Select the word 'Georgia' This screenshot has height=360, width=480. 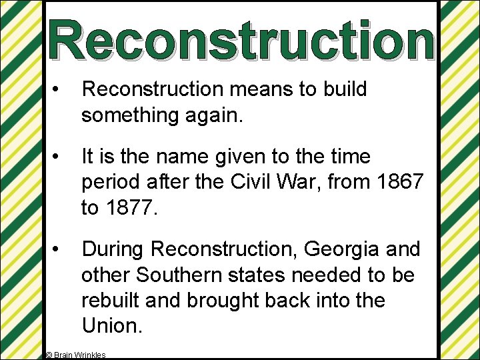click(333, 249)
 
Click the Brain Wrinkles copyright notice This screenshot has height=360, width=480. click(75, 355)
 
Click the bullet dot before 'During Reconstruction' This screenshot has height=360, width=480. click(59, 249)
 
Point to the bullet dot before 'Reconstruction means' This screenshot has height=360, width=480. click(59, 89)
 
